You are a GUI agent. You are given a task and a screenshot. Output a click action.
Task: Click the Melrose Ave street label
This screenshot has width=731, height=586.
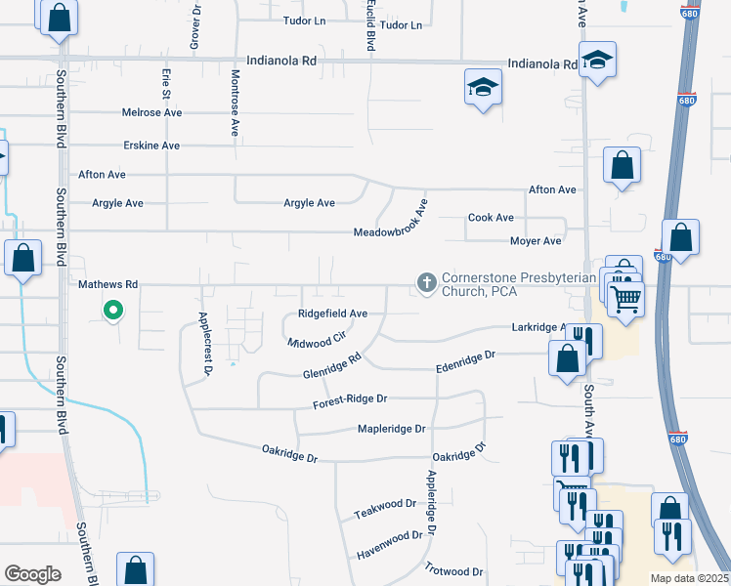152,112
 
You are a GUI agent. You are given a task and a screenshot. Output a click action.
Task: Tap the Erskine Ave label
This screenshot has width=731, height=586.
151,146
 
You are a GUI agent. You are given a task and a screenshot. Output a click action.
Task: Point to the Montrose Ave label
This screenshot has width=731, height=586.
236,102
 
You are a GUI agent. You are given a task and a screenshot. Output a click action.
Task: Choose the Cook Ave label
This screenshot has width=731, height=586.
491,218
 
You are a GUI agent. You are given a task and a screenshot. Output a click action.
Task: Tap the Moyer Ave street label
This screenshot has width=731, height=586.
536,241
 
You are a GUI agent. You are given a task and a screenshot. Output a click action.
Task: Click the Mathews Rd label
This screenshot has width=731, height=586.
107,284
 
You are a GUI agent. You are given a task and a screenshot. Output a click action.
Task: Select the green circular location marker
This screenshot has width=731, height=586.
113,312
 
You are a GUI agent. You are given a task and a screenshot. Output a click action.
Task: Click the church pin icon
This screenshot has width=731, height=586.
426,283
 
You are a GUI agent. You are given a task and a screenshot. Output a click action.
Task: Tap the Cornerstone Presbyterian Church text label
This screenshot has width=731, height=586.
518,284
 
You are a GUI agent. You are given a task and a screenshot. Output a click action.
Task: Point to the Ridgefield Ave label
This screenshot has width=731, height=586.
332,314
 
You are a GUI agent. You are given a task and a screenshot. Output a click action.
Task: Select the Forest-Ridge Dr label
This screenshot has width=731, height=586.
351,399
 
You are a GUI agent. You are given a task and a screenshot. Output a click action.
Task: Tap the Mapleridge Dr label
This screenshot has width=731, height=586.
392,429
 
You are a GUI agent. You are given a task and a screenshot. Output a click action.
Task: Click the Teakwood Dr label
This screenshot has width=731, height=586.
385,509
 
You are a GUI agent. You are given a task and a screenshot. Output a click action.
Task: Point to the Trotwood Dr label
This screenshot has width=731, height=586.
453,569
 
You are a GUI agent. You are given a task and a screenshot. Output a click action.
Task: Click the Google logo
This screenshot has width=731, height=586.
33,573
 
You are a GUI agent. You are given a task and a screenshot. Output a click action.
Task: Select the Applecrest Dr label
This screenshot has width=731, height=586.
205,344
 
